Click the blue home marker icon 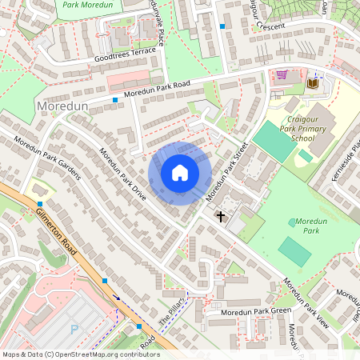[x=180, y=173]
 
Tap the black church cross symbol [x=221, y=216]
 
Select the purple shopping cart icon [x=282, y=76]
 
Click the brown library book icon [x=312, y=83]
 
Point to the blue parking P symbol [x=75, y=329]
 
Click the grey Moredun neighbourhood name [x=62, y=106]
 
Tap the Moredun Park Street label [x=227, y=171]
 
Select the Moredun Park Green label [x=256, y=310]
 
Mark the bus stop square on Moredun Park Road [x=116, y=100]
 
